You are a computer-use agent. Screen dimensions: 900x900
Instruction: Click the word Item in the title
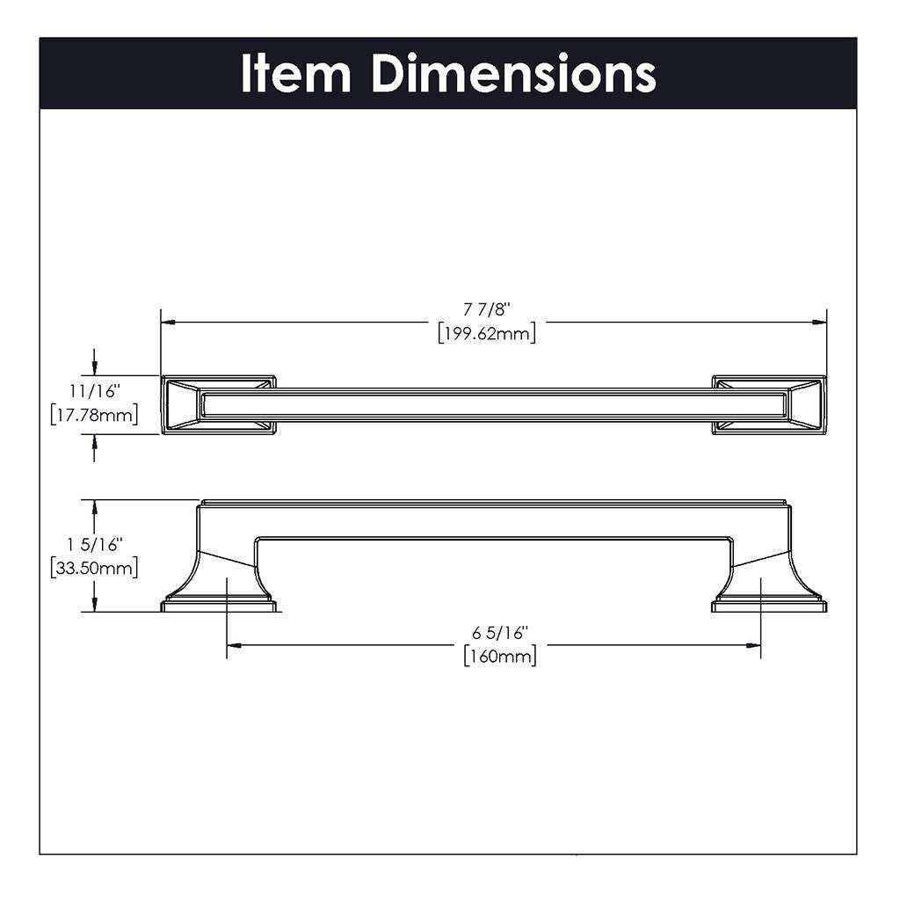pyautogui.click(x=296, y=74)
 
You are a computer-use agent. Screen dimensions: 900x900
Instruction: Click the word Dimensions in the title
pyautogui.click(x=513, y=74)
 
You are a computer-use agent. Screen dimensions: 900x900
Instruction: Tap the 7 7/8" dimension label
pyautogui.click(x=487, y=309)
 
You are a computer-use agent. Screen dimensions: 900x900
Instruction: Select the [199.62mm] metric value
pyautogui.click(x=487, y=334)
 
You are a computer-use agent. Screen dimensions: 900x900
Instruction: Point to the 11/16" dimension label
pyautogui.click(x=95, y=388)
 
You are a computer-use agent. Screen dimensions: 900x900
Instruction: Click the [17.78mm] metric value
pyautogui.click(x=95, y=413)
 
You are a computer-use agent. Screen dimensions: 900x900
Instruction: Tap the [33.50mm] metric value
pyautogui.click(x=95, y=568)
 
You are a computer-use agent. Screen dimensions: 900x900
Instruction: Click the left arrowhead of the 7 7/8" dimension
pyautogui.click(x=168, y=322)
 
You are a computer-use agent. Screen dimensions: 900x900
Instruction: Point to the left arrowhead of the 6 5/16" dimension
pyautogui.click(x=234, y=644)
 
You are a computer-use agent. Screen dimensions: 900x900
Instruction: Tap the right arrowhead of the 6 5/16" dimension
pyautogui.click(x=753, y=644)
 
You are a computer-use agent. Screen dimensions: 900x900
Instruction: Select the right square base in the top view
pyautogui.click(x=768, y=405)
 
